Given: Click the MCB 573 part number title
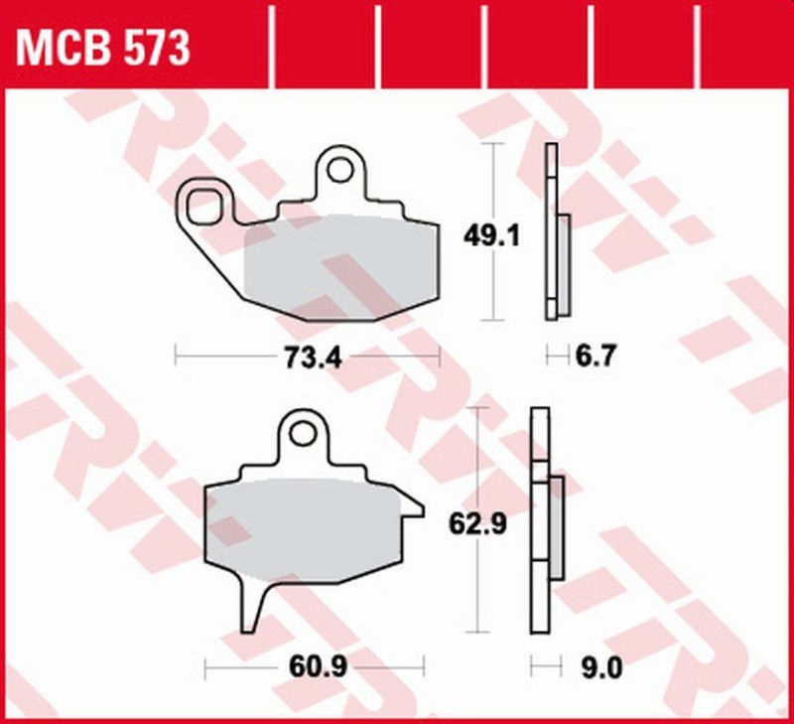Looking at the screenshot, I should tap(99, 46).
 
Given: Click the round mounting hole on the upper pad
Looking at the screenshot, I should tap(340, 170).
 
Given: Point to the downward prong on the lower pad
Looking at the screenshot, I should tap(254, 606).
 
